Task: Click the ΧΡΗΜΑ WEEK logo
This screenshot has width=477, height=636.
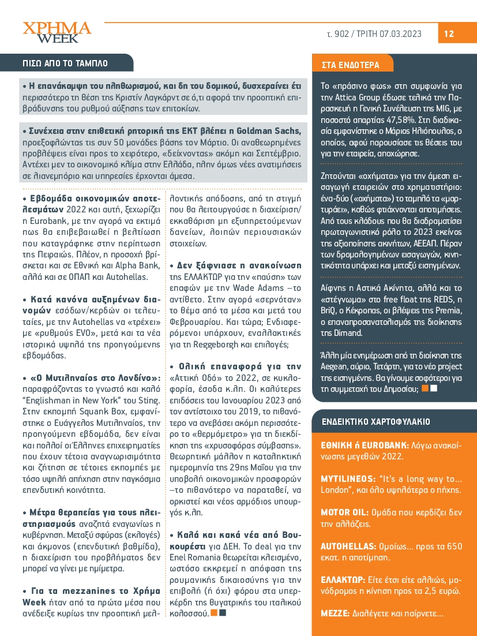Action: [x=57, y=32]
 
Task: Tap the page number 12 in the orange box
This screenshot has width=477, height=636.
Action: [x=449, y=34]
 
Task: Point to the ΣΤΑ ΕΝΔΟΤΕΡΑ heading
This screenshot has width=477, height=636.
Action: [x=346, y=65]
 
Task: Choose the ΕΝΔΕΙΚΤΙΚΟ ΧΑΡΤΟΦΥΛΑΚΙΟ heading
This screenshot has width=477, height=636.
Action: [x=375, y=421]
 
